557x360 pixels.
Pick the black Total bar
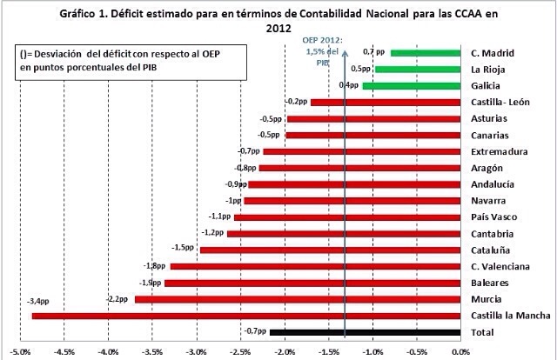(x=365, y=332)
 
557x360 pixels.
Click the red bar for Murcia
(x=297, y=299)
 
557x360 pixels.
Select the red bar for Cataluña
(x=330, y=250)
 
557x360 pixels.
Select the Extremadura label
(x=498, y=151)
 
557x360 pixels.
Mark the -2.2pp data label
(x=118, y=299)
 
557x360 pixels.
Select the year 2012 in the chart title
(x=279, y=28)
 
